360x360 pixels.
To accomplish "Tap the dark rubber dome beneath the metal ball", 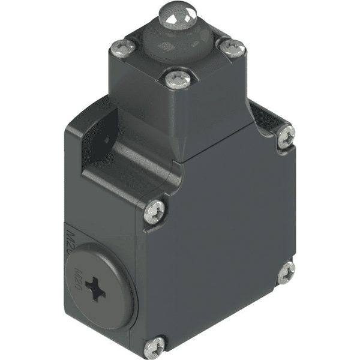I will coord(179,40).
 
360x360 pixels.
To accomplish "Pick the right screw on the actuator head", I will coord(233,48).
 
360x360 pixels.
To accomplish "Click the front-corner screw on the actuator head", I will coord(178,79).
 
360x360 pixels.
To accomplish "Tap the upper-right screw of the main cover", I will coord(286,136).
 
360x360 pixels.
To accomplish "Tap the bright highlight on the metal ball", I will coord(178,16).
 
